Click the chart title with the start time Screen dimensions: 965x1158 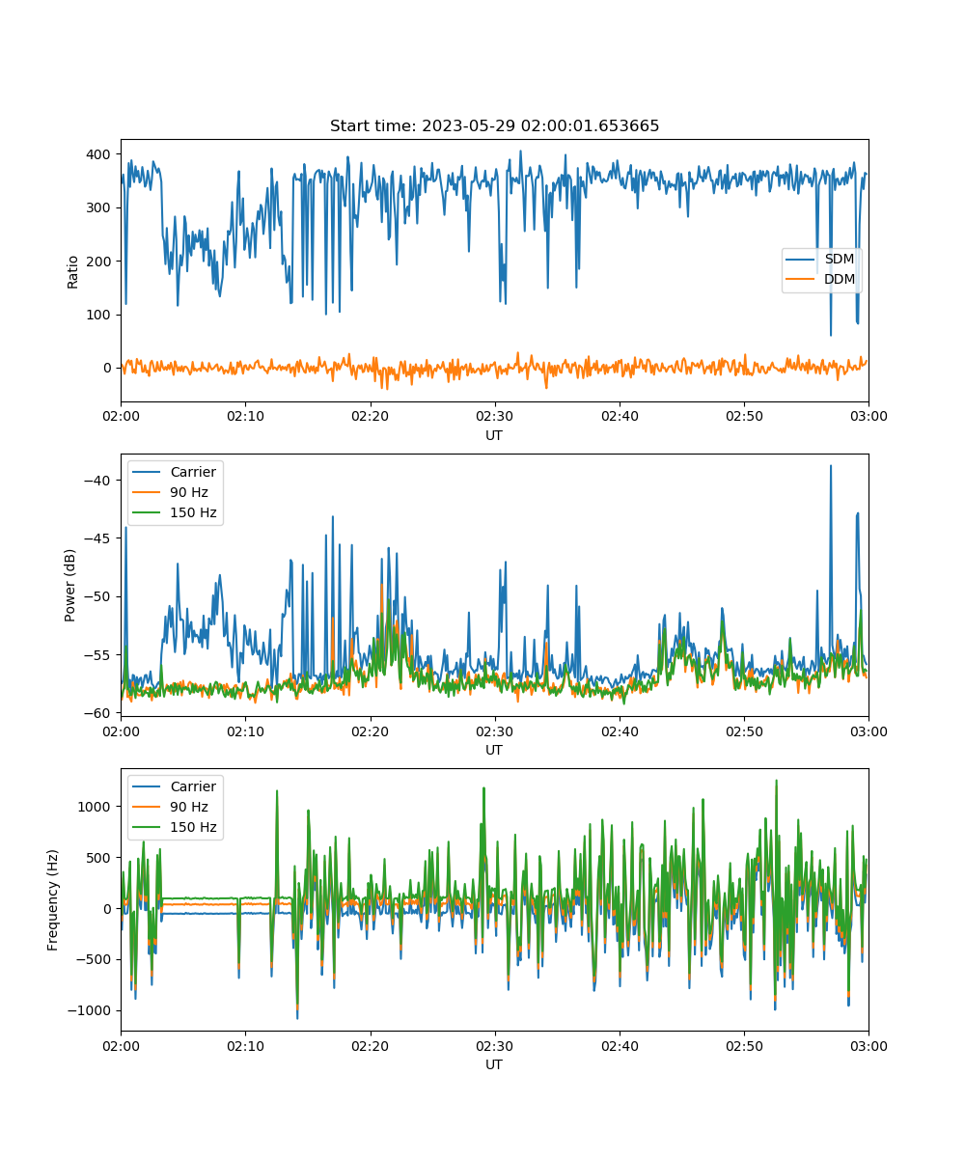coord(494,125)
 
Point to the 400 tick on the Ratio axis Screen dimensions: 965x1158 coord(98,154)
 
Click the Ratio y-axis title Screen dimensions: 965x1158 coord(72,272)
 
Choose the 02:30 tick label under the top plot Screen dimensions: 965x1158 coord(495,416)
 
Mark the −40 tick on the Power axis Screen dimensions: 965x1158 coord(97,481)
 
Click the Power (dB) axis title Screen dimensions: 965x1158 coord(69,585)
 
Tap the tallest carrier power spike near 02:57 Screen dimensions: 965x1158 coord(830,466)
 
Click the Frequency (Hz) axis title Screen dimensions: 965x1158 coord(52,900)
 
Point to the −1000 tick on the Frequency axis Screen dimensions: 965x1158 coord(89,1010)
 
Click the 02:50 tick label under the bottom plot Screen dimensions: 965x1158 coord(744,1046)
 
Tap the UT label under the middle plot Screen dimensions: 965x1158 coord(493,750)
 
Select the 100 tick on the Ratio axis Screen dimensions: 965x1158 coord(98,315)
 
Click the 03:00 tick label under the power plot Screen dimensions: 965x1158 coord(868,731)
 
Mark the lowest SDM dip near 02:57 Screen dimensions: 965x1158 coord(830,335)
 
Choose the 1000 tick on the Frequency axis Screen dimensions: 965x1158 coord(94,807)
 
